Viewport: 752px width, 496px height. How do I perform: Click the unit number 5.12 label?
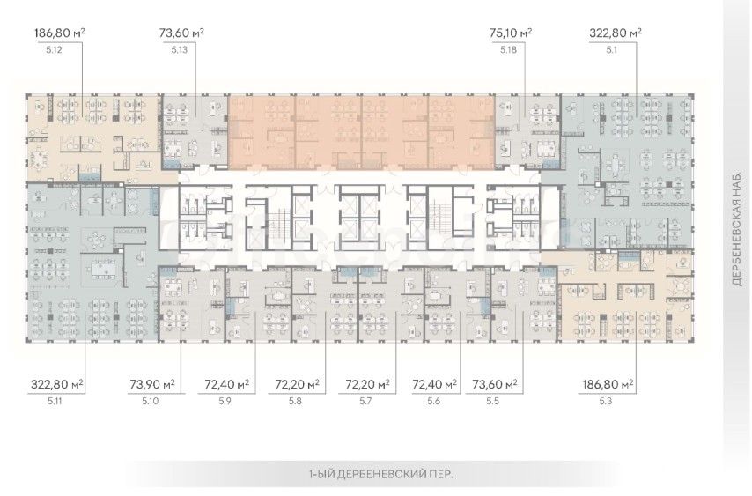point(55,49)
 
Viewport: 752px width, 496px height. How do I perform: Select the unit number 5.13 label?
point(179,49)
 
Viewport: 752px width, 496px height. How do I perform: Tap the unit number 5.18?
point(509,49)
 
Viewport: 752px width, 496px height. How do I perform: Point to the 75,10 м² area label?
point(511,33)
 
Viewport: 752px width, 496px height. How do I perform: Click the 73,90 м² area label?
point(152,384)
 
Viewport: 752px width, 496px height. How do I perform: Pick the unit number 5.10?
point(151,401)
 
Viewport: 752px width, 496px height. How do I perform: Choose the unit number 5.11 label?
point(55,401)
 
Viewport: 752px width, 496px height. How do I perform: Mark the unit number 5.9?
point(225,401)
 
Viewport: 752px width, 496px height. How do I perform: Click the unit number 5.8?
point(296,401)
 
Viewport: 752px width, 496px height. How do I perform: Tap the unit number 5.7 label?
point(365,401)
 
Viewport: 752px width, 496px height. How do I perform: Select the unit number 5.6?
point(433,401)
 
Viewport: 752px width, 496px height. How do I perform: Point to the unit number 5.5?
point(492,401)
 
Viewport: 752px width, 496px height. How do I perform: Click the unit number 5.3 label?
point(606,401)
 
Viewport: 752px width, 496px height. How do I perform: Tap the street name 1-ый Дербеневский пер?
point(380,475)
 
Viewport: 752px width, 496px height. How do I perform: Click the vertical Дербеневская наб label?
point(738,230)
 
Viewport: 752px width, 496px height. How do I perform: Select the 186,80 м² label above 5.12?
point(60,33)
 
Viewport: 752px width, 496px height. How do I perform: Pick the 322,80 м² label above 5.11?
point(57,384)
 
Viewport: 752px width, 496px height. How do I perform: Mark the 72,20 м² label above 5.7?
point(367,384)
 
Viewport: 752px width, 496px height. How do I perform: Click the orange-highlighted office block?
point(361,132)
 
